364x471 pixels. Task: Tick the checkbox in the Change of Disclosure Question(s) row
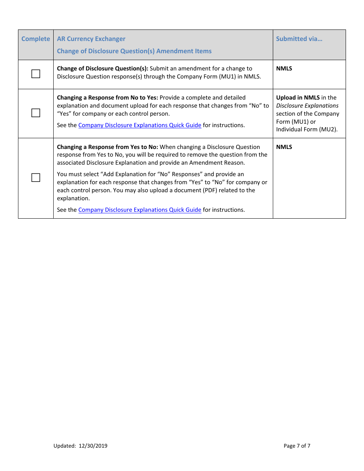pyautogui.click(x=36, y=74)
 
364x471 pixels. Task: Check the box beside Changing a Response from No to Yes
pyautogui.click(x=36, y=113)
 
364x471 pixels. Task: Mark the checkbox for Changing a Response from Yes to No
pyautogui.click(x=36, y=178)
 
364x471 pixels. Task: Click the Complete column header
pyautogui.click(x=36, y=39)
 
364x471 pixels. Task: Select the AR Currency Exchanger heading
pyautogui.click(x=91, y=39)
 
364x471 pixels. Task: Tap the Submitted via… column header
pyautogui.click(x=299, y=39)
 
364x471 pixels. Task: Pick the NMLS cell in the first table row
pyautogui.click(x=284, y=69)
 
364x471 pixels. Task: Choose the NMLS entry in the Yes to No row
pyautogui.click(x=284, y=147)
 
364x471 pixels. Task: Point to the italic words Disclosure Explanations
pyautogui.click(x=307, y=106)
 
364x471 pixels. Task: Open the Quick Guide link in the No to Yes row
pyautogui.click(x=140, y=125)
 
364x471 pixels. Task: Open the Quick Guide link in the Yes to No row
pyautogui.click(x=140, y=210)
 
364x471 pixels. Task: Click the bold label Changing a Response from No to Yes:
pyautogui.click(x=107, y=98)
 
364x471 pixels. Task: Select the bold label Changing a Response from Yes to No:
pyautogui.click(x=107, y=147)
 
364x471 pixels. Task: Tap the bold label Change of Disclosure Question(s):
pyautogui.click(x=102, y=69)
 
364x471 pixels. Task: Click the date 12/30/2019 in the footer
pyautogui.click(x=93, y=446)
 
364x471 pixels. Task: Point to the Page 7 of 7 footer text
pyautogui.click(x=297, y=446)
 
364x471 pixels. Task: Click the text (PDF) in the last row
pyautogui.click(x=220, y=190)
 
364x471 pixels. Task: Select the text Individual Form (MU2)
pyautogui.click(x=307, y=130)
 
